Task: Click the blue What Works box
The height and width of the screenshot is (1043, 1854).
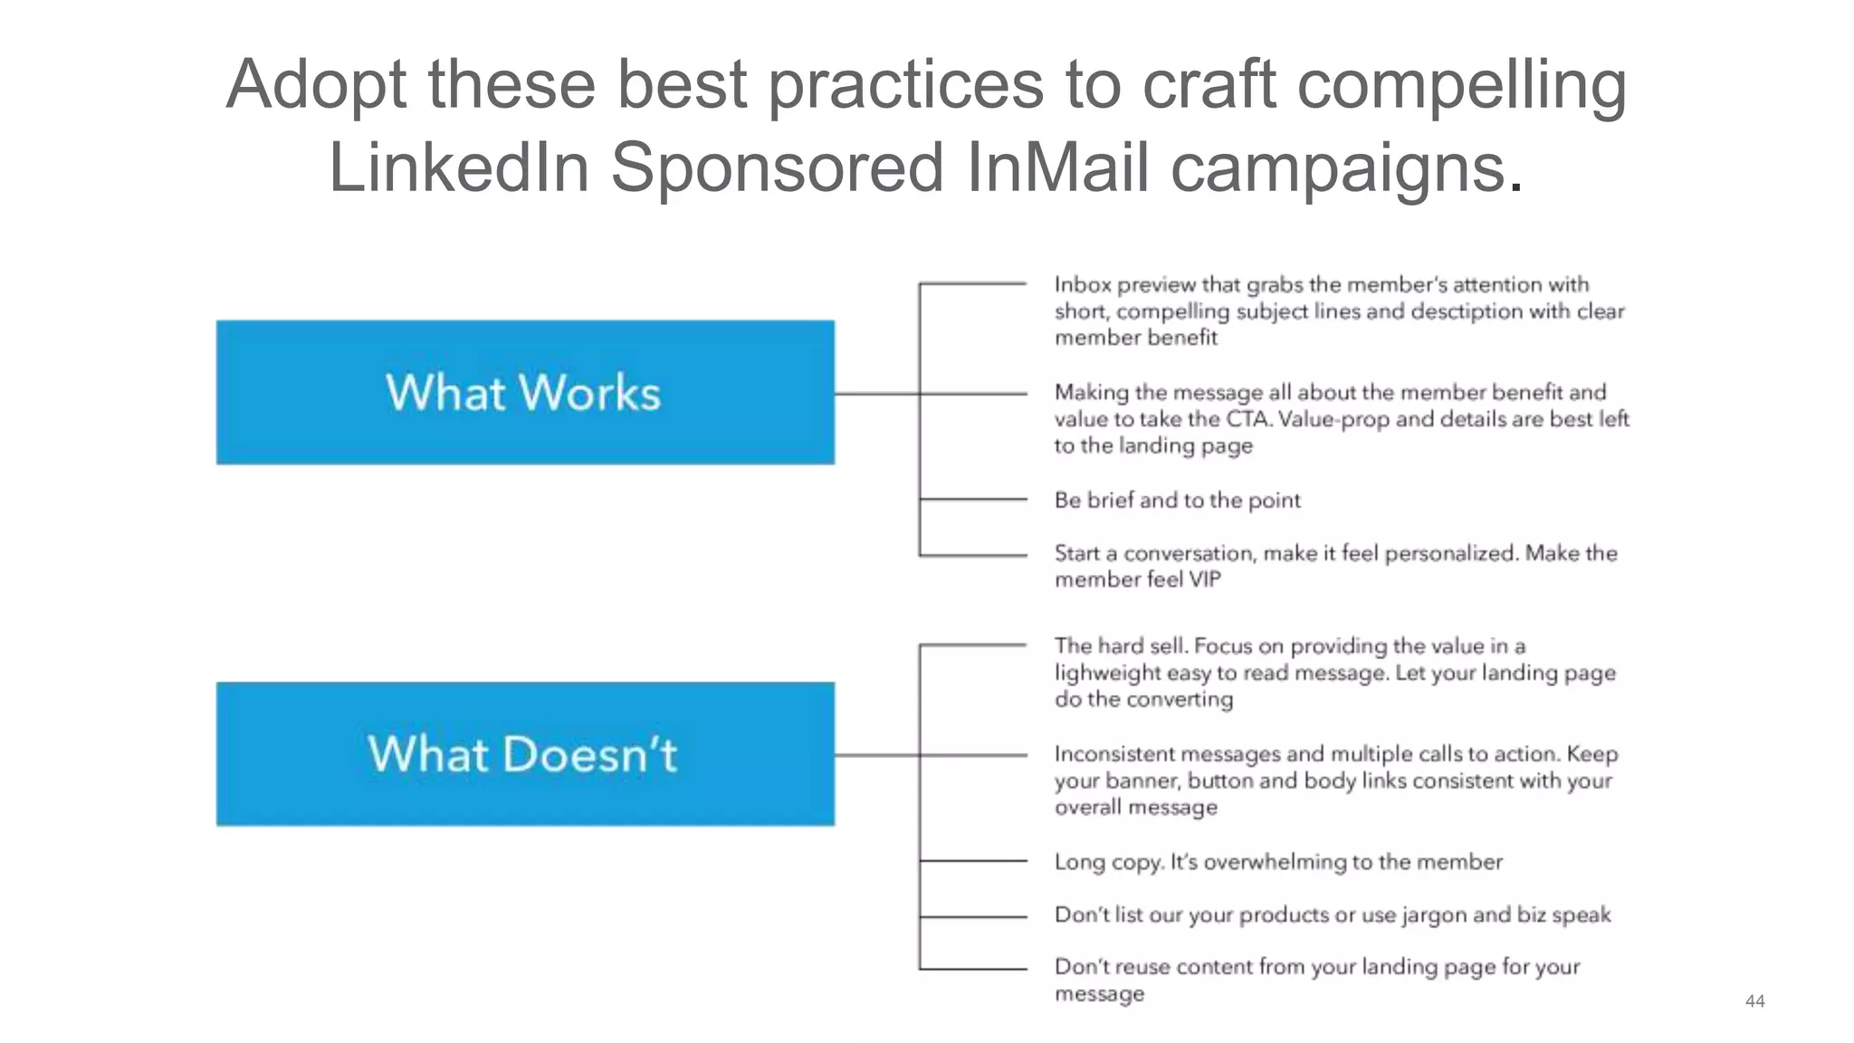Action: [525, 392]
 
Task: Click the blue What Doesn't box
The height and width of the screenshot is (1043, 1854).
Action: [525, 753]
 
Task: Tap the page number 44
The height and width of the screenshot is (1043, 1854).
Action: [1754, 1000]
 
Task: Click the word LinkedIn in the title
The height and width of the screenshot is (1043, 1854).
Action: [458, 167]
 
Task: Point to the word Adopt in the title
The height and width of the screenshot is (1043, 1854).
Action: [316, 84]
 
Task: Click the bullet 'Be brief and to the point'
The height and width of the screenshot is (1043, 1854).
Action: [1177, 500]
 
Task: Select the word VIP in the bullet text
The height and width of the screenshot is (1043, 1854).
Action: [1204, 579]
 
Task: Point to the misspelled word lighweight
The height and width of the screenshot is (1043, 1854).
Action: [1107, 673]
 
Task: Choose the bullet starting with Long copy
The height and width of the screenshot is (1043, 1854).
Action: [1277, 861]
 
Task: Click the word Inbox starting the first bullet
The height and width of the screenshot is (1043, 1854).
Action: [1083, 284]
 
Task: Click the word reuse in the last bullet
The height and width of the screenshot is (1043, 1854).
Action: [1142, 967]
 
